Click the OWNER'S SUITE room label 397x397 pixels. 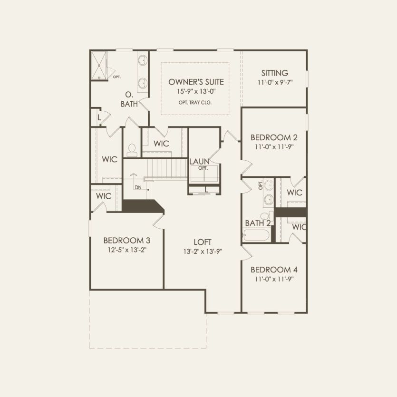coord(196,82)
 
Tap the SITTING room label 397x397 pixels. coord(274,73)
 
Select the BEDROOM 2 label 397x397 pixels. coord(274,138)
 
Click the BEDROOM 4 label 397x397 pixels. coord(274,270)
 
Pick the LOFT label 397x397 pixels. coord(203,242)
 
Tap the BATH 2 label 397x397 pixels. coord(258,223)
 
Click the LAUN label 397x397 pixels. coord(200,162)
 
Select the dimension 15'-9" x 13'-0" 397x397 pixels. coord(196,91)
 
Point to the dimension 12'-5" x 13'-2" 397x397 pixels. coord(127,249)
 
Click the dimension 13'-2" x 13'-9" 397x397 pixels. coord(203,251)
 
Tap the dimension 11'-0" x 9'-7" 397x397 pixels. coord(274,82)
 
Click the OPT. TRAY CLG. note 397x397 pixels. coord(196,102)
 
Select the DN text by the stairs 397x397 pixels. coord(138,187)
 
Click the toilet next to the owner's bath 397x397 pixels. coord(132,150)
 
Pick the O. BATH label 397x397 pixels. coord(129,99)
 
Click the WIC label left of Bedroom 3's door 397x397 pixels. coord(104,196)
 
